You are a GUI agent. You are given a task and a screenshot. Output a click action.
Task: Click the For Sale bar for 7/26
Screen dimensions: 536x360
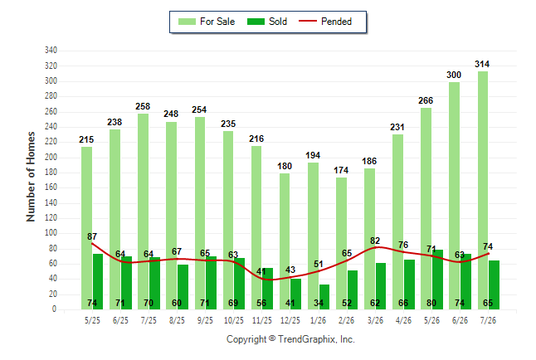point(483,191)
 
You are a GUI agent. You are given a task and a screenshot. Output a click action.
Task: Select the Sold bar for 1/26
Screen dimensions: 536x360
point(324,297)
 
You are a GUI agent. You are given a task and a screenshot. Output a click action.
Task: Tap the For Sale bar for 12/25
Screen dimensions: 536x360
point(285,241)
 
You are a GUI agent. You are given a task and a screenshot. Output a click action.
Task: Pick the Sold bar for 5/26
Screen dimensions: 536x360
point(437,280)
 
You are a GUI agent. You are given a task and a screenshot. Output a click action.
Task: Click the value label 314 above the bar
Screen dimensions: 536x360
point(482,64)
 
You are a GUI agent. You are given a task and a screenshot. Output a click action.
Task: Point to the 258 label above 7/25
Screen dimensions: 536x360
point(143,106)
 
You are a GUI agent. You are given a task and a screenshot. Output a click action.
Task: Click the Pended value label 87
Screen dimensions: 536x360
point(92,236)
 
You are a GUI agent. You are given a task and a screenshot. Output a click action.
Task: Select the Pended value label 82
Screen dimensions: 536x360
point(375,241)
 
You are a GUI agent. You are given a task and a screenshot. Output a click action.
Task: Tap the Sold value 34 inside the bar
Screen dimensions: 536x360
point(319,303)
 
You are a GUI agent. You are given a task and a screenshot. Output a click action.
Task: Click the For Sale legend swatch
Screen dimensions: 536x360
point(187,22)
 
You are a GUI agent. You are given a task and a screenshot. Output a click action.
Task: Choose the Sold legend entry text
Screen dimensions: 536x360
point(278,22)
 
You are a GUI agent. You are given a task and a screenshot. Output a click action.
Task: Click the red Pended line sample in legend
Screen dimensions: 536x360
point(308,21)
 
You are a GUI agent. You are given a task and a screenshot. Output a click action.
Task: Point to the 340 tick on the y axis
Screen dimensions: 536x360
point(51,51)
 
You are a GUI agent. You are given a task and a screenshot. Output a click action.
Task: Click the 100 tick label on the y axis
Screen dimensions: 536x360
point(51,233)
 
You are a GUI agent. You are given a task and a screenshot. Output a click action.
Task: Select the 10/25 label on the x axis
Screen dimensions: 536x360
point(234,320)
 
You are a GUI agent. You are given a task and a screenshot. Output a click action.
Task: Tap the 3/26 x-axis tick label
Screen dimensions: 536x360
point(375,320)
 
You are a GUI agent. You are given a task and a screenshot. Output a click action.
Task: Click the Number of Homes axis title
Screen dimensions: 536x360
point(31,177)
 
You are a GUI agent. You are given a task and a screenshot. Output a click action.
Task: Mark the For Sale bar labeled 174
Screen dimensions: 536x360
point(341,243)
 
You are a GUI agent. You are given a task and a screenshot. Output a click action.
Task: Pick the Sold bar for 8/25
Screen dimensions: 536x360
point(183,287)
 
